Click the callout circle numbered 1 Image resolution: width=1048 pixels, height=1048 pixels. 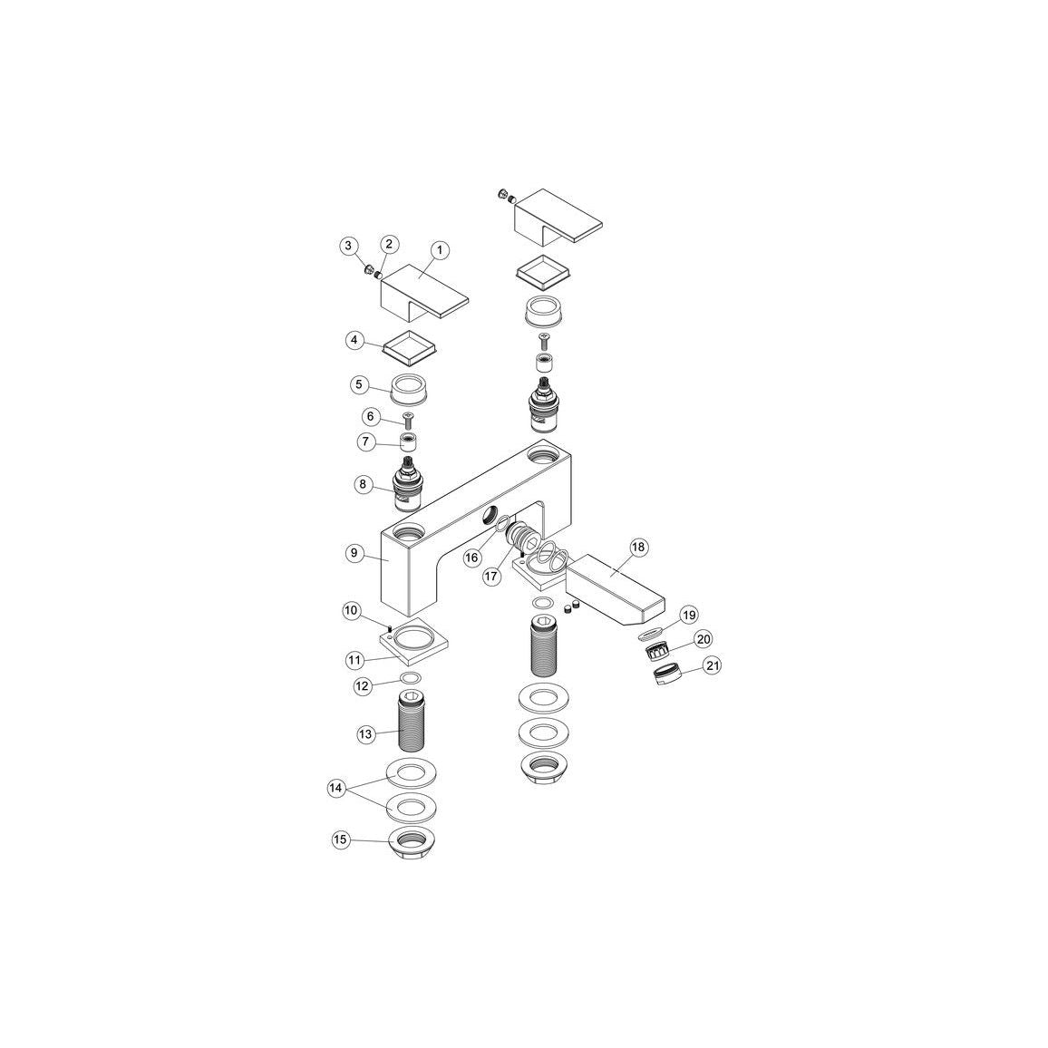(x=439, y=250)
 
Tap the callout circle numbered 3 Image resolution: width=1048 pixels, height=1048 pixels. (x=347, y=246)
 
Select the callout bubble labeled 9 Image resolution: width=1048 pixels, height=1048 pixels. (x=354, y=553)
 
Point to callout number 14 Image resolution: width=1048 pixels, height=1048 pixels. (x=335, y=788)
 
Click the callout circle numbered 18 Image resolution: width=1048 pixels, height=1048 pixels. (x=638, y=548)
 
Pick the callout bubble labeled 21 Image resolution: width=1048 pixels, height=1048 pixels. (x=713, y=666)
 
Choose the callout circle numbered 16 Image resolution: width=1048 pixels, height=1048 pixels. (x=472, y=556)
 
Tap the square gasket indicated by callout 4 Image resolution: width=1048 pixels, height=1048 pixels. (x=410, y=345)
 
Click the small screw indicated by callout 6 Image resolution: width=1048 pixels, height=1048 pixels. (x=408, y=421)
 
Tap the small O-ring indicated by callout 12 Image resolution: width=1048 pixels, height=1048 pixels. (x=411, y=679)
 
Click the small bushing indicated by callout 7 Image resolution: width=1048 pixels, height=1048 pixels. (x=409, y=442)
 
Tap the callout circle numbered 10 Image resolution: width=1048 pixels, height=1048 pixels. (x=351, y=610)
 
